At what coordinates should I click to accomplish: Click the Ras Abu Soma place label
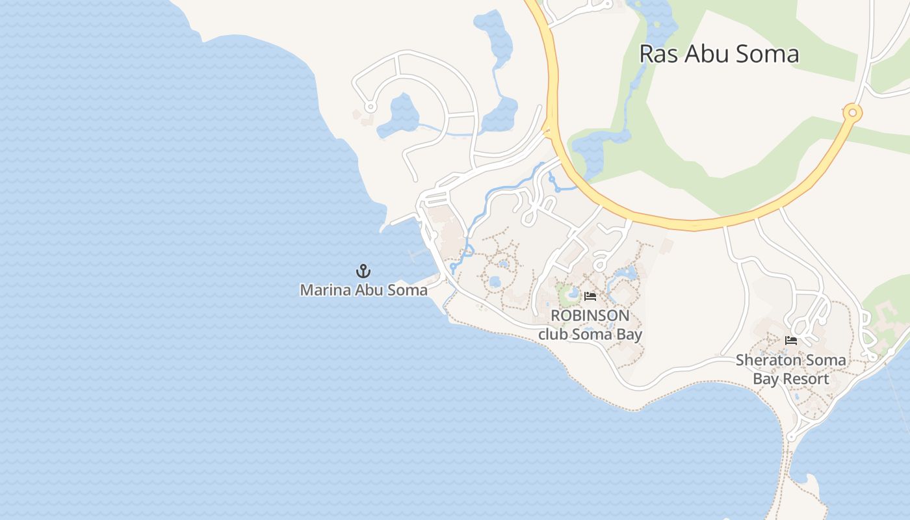click(719, 54)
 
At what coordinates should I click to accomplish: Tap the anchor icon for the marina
click(363, 271)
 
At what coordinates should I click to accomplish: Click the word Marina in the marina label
click(320, 290)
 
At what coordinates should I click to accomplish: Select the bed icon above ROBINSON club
click(590, 296)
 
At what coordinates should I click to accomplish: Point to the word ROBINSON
click(590, 316)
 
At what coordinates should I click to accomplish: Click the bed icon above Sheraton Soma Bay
click(791, 340)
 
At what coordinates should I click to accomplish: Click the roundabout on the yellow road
click(852, 113)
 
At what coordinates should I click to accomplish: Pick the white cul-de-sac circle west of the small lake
click(370, 107)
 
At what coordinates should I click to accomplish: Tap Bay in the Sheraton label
click(765, 379)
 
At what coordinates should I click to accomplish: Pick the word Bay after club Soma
click(630, 335)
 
